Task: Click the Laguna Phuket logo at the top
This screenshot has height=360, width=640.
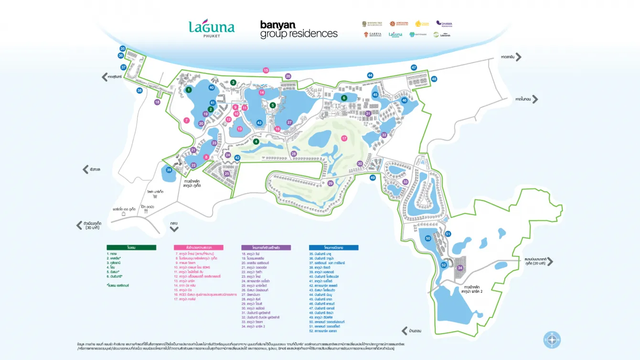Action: [x=212, y=29]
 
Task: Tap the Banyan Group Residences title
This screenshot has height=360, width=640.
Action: [x=299, y=29]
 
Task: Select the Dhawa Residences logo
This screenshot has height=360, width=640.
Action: [x=444, y=23]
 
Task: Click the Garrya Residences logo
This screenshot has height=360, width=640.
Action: [x=372, y=35]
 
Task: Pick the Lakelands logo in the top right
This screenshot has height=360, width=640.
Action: [x=442, y=35]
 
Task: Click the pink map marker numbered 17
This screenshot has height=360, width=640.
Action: [x=344, y=138]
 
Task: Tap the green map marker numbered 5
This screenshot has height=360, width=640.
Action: [x=272, y=105]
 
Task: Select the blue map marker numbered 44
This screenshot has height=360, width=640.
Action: [x=370, y=75]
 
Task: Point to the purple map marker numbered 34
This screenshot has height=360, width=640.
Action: [x=460, y=268]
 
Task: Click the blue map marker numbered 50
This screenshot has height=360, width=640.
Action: [x=428, y=238]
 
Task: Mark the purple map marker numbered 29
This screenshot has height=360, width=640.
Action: [x=330, y=183]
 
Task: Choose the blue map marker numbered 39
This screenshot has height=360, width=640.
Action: [x=169, y=170]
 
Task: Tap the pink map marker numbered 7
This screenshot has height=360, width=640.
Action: [x=186, y=120]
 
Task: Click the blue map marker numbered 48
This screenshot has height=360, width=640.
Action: [x=434, y=79]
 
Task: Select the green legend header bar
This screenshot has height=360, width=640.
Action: [x=131, y=247]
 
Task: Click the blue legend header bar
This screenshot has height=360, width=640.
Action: [x=333, y=247]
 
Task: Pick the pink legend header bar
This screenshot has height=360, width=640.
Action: [x=198, y=247]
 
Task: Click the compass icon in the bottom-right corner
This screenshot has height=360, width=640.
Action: [x=552, y=339]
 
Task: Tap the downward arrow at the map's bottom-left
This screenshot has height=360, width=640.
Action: [x=174, y=229]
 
